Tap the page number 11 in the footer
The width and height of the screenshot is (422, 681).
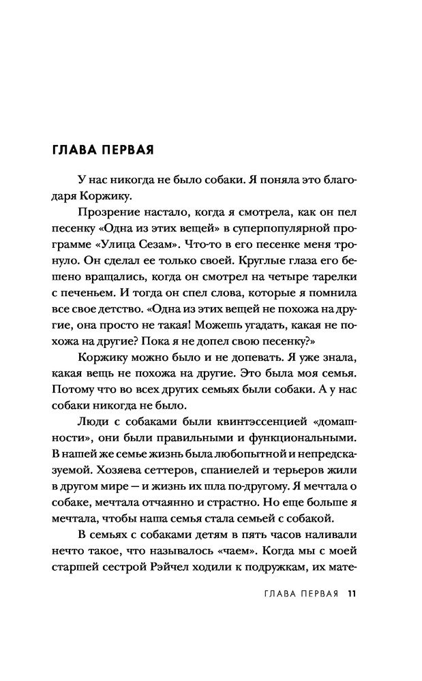[352, 591]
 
